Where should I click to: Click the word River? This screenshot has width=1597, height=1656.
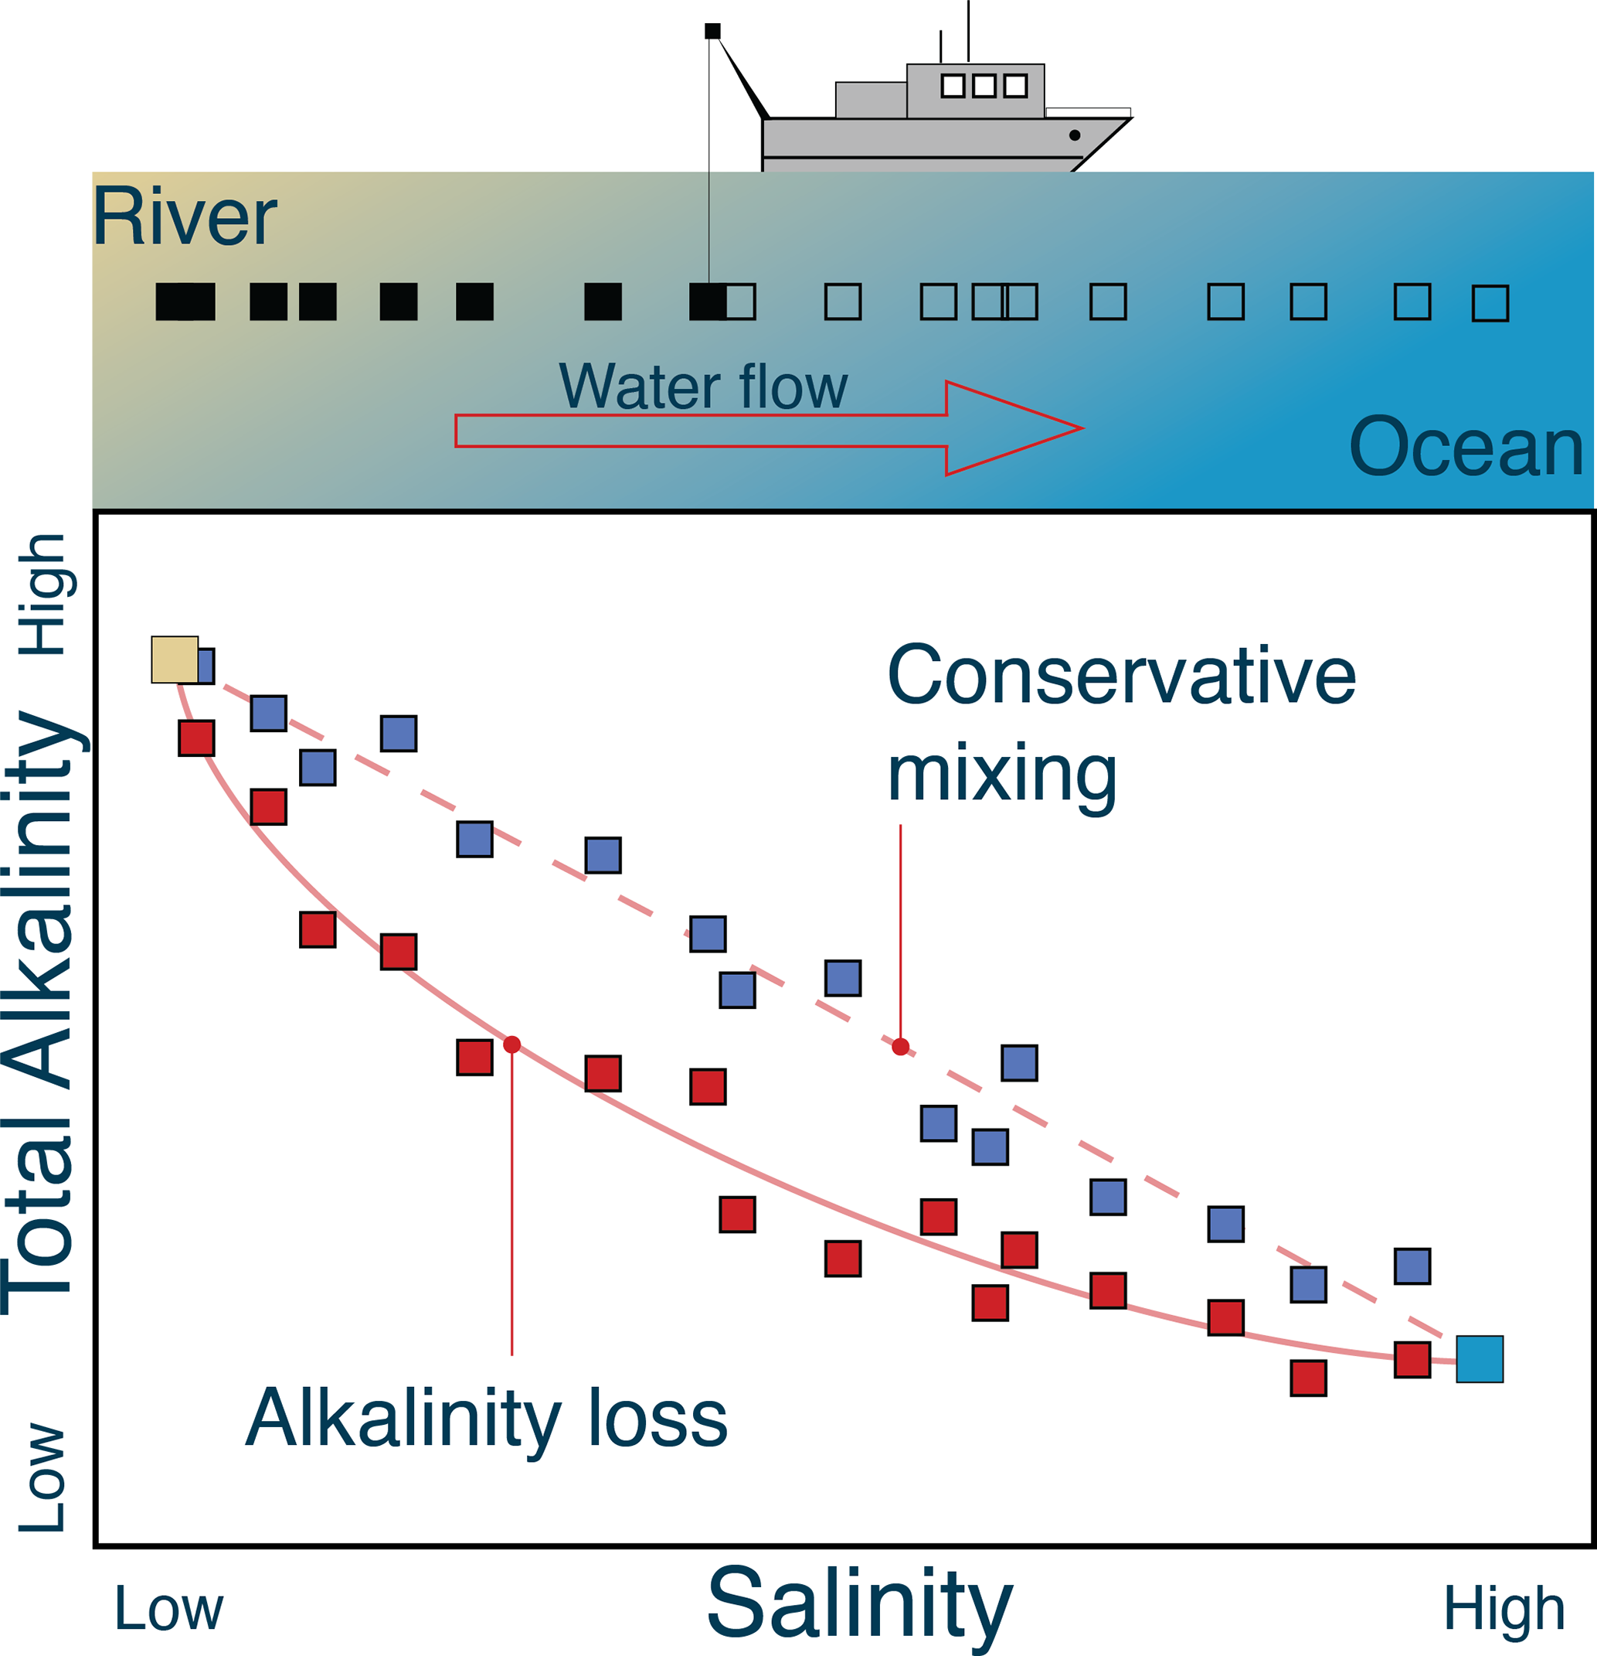pos(184,217)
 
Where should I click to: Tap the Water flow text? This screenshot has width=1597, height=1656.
pos(702,387)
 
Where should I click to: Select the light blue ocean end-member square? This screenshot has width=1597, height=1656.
pos(1480,1358)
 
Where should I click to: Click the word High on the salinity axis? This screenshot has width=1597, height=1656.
pos(1504,1608)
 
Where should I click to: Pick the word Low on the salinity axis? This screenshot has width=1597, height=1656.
pos(169,1608)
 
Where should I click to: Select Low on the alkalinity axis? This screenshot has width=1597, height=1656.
pos(42,1477)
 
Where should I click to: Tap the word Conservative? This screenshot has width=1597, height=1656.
pos(1122,675)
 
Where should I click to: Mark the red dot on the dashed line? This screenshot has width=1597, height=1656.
pos(900,1047)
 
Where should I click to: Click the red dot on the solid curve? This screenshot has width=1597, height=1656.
pos(511,1044)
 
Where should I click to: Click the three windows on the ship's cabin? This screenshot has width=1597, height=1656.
pos(984,85)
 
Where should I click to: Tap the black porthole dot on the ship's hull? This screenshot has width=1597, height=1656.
pos(1074,135)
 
